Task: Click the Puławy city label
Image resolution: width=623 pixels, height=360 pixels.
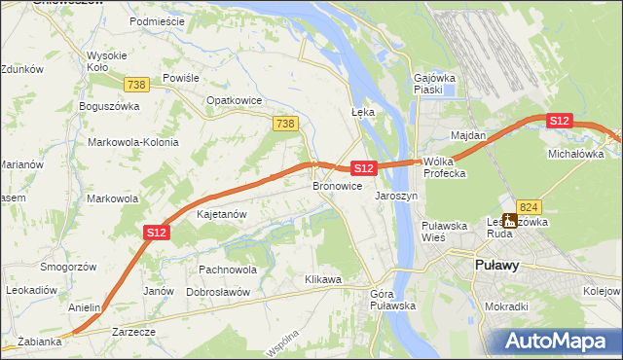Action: (495, 265)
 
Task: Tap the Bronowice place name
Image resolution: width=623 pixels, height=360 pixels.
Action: (337, 185)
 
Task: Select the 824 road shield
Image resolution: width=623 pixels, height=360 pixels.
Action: (529, 206)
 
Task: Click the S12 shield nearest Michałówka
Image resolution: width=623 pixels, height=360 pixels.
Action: (559, 120)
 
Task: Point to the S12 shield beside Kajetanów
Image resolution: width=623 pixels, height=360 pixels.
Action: (158, 232)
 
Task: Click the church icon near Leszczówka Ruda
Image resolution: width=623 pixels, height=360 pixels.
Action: (508, 221)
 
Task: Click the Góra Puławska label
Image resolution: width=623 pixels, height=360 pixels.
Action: (393, 300)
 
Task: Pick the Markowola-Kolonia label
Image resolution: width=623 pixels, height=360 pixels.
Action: (133, 142)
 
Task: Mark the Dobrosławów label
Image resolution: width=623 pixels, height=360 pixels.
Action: (218, 292)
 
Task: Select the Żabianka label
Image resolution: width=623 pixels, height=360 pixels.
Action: (40, 342)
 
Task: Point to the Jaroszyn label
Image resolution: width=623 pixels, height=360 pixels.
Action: (396, 195)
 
